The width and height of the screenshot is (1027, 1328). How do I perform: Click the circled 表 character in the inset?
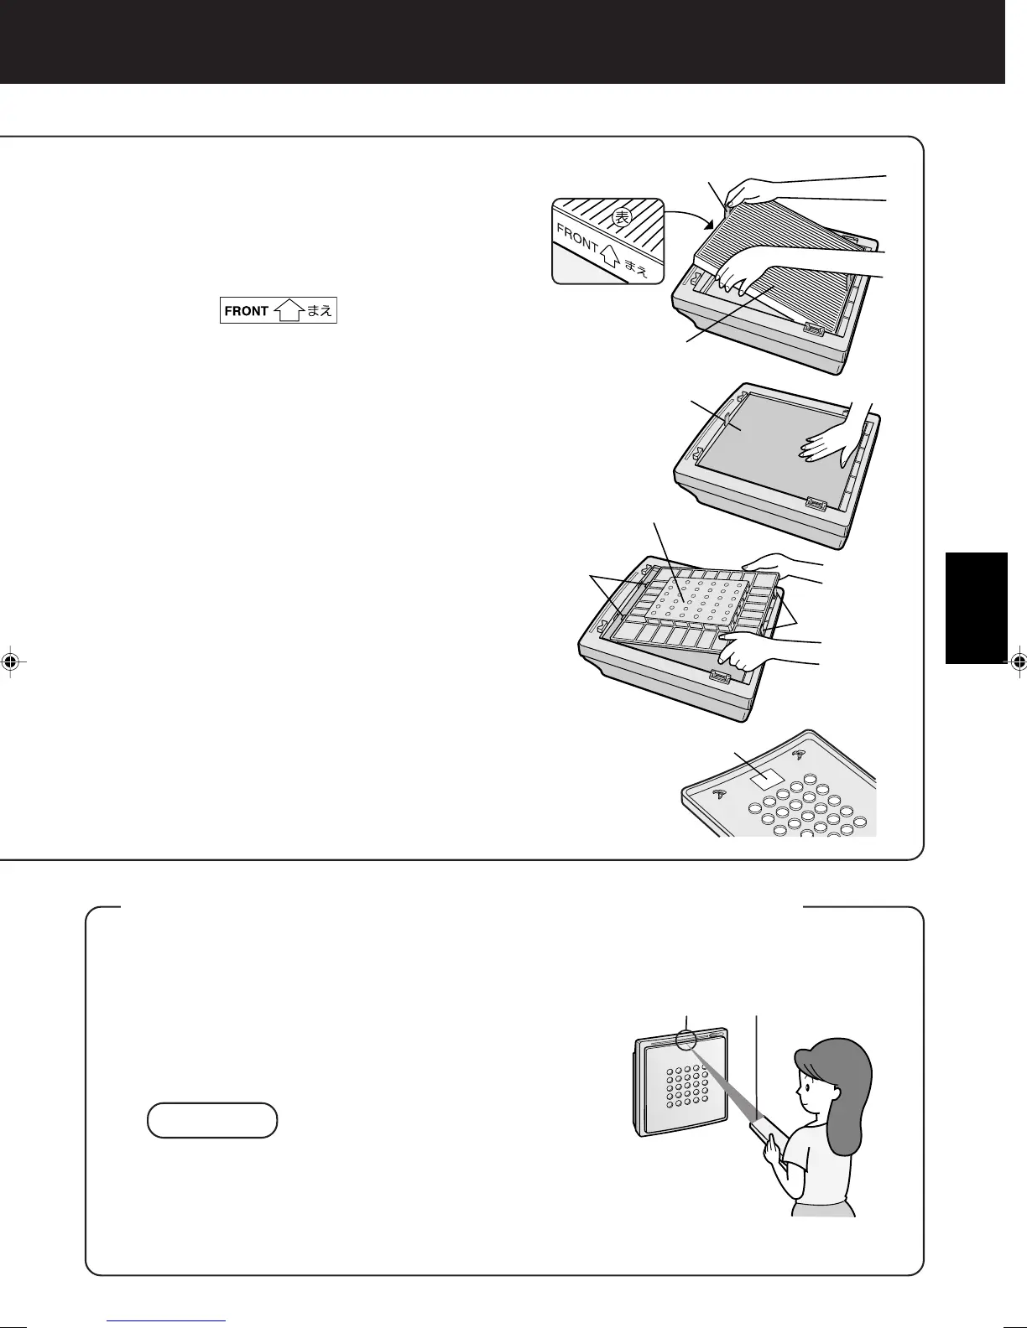click(x=621, y=218)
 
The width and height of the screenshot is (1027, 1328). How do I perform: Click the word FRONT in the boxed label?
click(x=246, y=311)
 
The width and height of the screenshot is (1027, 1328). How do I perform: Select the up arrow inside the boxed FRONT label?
click(x=289, y=311)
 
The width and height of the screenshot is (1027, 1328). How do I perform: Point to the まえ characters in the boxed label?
click(x=320, y=311)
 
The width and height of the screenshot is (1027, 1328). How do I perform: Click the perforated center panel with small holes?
click(x=696, y=599)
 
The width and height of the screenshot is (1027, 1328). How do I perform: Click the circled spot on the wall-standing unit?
click(x=686, y=1040)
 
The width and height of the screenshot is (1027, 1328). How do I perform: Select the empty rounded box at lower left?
click(x=211, y=1120)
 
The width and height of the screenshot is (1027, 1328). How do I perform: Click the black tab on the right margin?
click(x=976, y=608)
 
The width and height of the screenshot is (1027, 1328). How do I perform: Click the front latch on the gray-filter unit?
click(x=815, y=505)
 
